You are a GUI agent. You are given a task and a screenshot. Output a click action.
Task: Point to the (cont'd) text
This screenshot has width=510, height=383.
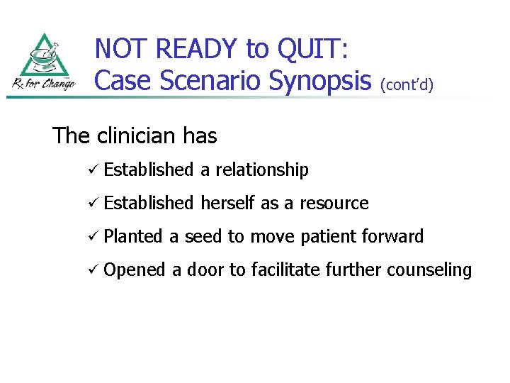tap(407, 84)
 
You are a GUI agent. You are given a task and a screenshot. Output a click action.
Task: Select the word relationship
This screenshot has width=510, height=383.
tap(262, 170)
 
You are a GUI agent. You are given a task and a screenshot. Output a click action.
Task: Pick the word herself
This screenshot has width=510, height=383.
tap(228, 204)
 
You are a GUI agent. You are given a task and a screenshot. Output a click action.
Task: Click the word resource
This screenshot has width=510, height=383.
tap(334, 204)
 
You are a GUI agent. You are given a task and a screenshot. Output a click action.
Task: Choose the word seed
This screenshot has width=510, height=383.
tap(203, 237)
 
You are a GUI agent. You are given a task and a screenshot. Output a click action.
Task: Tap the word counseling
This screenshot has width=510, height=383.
tap(432, 270)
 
